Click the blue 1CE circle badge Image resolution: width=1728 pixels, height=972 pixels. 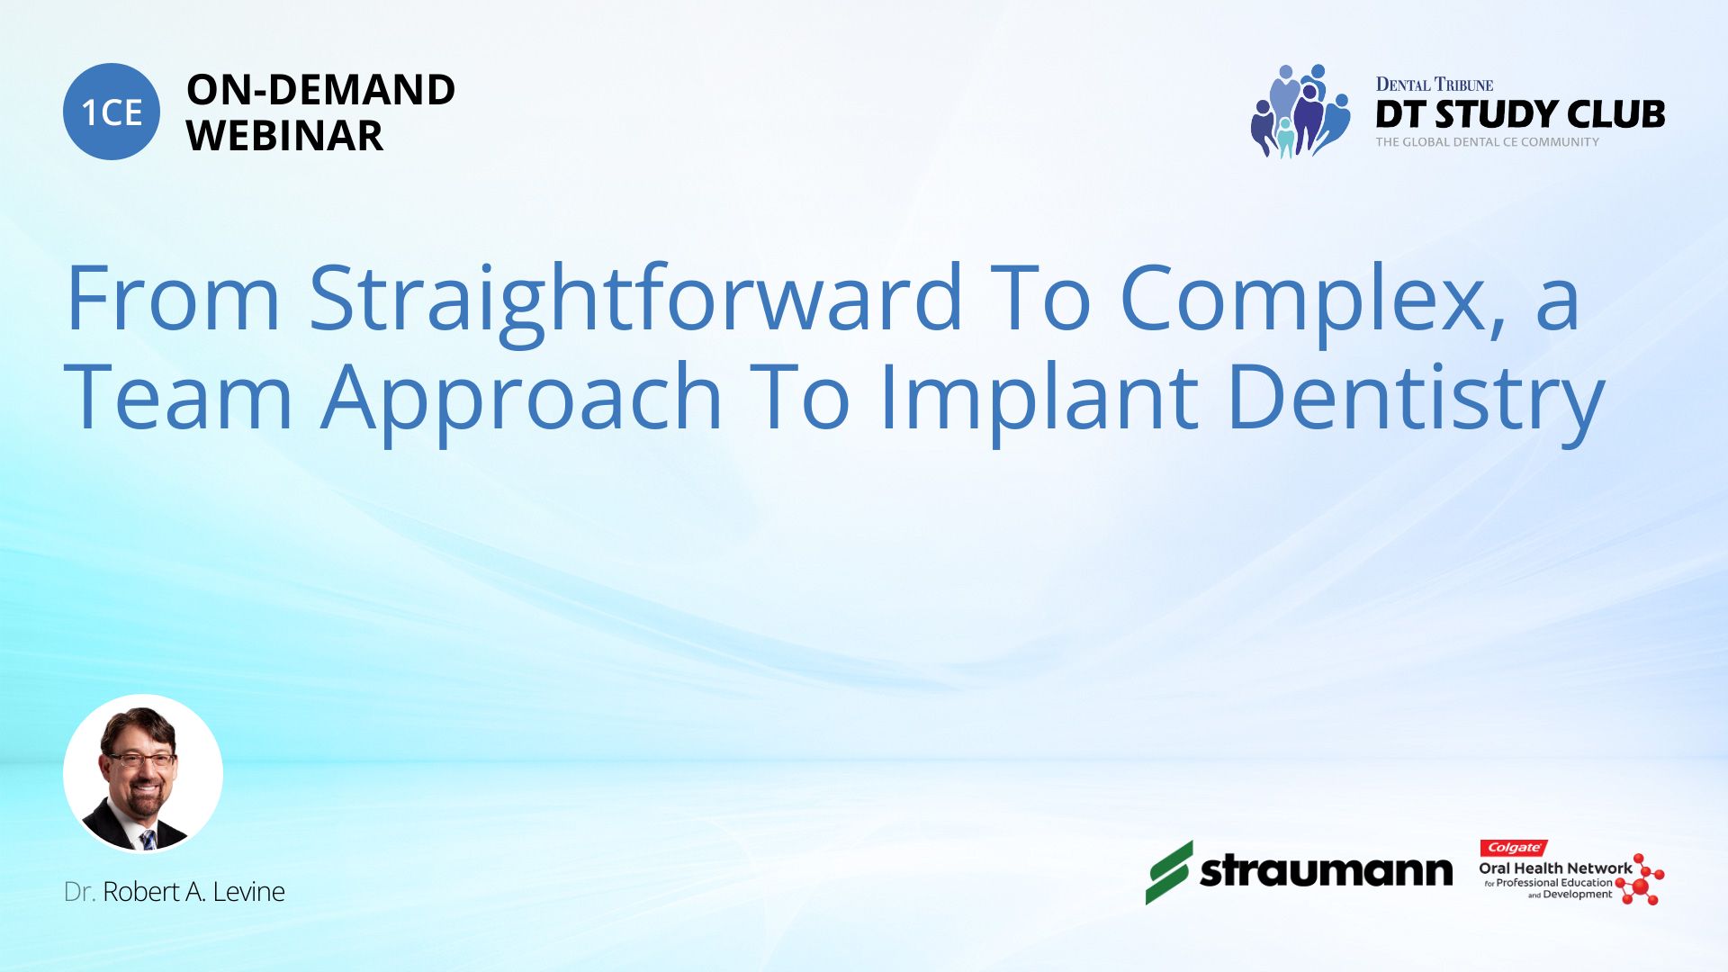click(112, 112)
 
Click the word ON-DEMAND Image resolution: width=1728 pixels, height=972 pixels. click(320, 90)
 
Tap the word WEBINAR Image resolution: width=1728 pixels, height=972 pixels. click(284, 136)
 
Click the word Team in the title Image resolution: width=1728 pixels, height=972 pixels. click(179, 396)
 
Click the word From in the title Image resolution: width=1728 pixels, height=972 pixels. click(174, 298)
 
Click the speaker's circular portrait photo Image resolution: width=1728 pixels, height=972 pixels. click(143, 773)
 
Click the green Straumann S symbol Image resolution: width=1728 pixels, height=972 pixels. click(1169, 872)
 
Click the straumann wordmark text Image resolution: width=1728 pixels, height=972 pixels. click(1327, 871)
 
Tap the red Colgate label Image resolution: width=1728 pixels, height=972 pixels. click(1514, 848)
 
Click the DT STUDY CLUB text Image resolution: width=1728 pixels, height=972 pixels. click(1520, 114)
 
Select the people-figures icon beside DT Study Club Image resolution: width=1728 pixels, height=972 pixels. click(1300, 111)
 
